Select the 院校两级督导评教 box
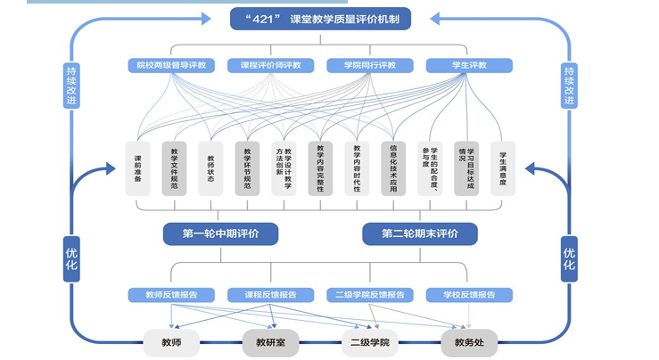click(x=170, y=65)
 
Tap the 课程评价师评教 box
click(x=270, y=65)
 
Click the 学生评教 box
click(x=469, y=65)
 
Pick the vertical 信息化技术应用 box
click(x=393, y=168)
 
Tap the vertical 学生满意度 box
click(x=503, y=168)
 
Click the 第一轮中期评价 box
click(x=221, y=233)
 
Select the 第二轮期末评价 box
click(x=419, y=233)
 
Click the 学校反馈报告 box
click(x=469, y=294)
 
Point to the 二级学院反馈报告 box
click(x=369, y=294)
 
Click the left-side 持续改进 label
click(x=71, y=85)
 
